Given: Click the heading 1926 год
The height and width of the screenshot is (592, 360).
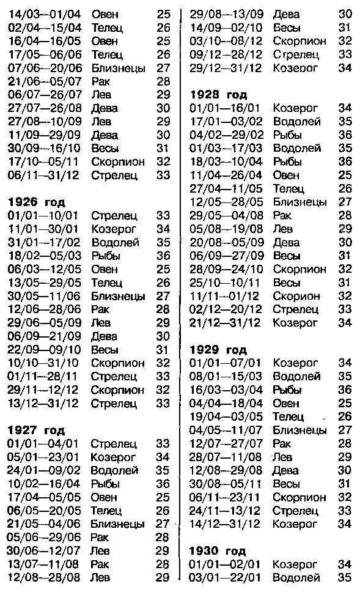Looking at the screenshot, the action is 36,202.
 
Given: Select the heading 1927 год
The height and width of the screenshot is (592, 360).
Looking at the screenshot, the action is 36,430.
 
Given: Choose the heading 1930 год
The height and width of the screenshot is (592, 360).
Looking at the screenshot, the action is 218,551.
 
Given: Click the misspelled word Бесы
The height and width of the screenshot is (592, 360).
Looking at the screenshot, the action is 286,27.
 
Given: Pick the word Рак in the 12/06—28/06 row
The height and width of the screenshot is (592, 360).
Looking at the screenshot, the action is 100,309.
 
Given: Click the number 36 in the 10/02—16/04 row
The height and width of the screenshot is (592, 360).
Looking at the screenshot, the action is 163,484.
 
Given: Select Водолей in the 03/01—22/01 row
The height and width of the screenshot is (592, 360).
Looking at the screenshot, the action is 296,577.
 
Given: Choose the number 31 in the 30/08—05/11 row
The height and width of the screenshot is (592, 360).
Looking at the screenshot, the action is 345,484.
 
